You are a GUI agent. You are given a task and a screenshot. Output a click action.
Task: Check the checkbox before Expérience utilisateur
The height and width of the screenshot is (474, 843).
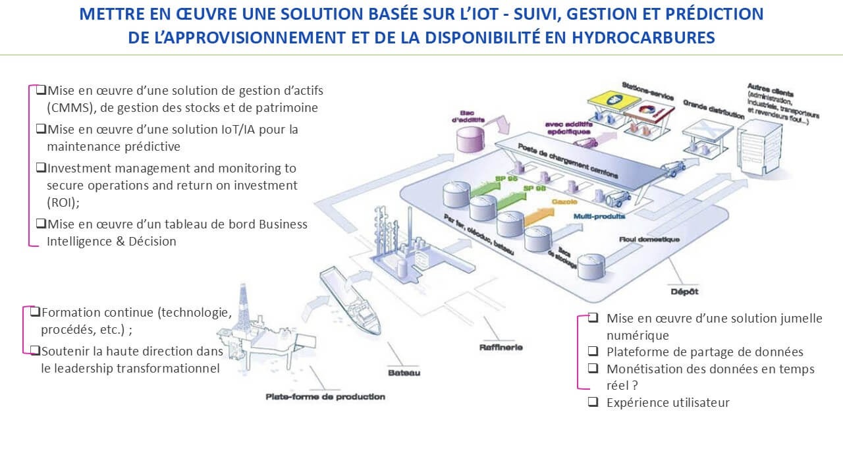click(593, 401)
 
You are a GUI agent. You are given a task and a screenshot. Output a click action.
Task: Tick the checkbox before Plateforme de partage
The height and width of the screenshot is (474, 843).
click(593, 351)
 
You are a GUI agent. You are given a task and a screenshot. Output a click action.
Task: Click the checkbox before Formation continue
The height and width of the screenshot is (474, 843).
click(36, 311)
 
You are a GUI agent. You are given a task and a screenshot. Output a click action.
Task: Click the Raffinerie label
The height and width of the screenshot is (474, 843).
click(501, 347)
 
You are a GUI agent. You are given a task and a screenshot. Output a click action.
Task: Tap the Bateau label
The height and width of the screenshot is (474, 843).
click(404, 373)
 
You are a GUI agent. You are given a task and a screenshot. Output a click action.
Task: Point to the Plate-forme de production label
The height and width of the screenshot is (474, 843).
click(325, 396)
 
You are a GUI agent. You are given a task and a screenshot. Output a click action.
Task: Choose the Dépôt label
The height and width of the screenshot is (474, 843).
click(684, 291)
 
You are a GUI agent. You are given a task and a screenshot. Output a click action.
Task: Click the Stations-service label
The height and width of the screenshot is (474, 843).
click(647, 91)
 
